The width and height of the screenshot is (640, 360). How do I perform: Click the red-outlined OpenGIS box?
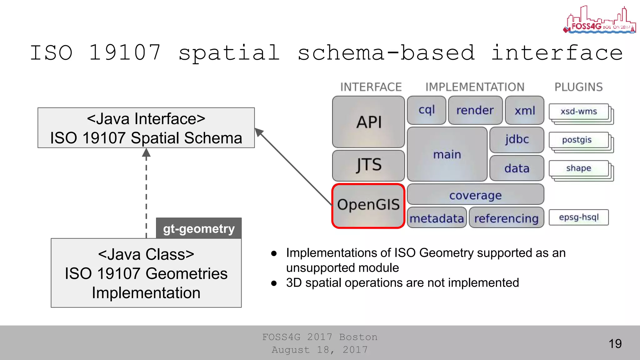click(x=368, y=206)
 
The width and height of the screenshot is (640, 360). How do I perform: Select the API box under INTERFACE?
click(x=368, y=122)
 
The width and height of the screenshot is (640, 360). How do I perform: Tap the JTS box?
click(x=368, y=165)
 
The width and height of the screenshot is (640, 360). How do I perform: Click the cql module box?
click(x=427, y=110)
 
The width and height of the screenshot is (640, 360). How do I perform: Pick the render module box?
click(x=475, y=110)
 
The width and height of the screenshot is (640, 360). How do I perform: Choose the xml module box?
click(x=525, y=110)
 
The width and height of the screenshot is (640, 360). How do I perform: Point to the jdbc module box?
click(x=517, y=139)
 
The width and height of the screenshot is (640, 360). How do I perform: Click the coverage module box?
click(x=475, y=195)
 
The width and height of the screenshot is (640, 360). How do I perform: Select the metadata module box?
click(x=437, y=218)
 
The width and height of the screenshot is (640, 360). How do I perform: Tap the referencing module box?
click(x=506, y=218)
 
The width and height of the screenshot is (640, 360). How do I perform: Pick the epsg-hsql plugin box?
click(x=579, y=217)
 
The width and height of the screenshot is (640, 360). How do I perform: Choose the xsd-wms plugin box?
click(x=579, y=112)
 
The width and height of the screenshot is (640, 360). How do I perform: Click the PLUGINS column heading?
click(x=578, y=87)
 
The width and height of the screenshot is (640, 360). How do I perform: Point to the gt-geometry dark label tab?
click(x=199, y=228)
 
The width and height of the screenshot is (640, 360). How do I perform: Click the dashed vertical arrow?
click(x=146, y=194)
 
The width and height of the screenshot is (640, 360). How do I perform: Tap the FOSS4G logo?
click(x=599, y=21)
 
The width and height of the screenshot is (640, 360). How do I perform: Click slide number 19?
click(x=615, y=344)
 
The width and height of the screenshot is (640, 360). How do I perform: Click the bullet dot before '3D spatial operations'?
click(x=274, y=283)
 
